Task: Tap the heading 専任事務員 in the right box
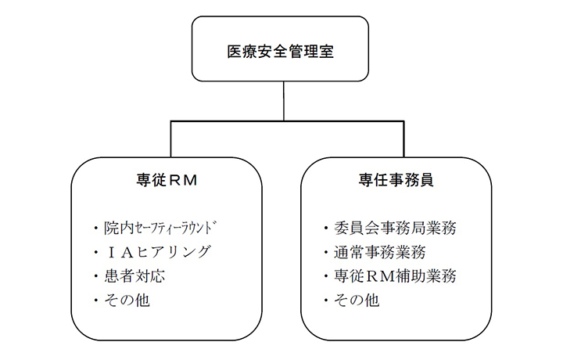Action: point(402,179)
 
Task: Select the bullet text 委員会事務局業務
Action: point(395,229)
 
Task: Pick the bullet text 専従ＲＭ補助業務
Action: point(395,276)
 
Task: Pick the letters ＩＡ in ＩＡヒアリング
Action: point(117,252)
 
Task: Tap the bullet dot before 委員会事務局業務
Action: point(325,229)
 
